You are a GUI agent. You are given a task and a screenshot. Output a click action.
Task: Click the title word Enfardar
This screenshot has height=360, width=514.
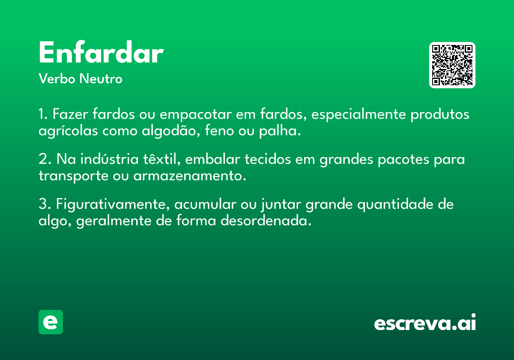pos(101,53)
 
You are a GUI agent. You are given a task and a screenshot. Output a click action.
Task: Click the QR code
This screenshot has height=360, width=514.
pos(452,65)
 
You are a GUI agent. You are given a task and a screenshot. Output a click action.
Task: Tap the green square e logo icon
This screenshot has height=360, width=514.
pos(51,322)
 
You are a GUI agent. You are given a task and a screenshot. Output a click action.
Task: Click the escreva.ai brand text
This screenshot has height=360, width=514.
pos(425,323)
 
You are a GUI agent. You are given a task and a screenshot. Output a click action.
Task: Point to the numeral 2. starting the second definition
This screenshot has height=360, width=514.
pos(45,159)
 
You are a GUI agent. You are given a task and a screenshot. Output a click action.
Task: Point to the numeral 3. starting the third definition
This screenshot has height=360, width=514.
pos(45,204)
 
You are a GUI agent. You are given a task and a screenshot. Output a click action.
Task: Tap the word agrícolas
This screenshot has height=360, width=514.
pos(69,131)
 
